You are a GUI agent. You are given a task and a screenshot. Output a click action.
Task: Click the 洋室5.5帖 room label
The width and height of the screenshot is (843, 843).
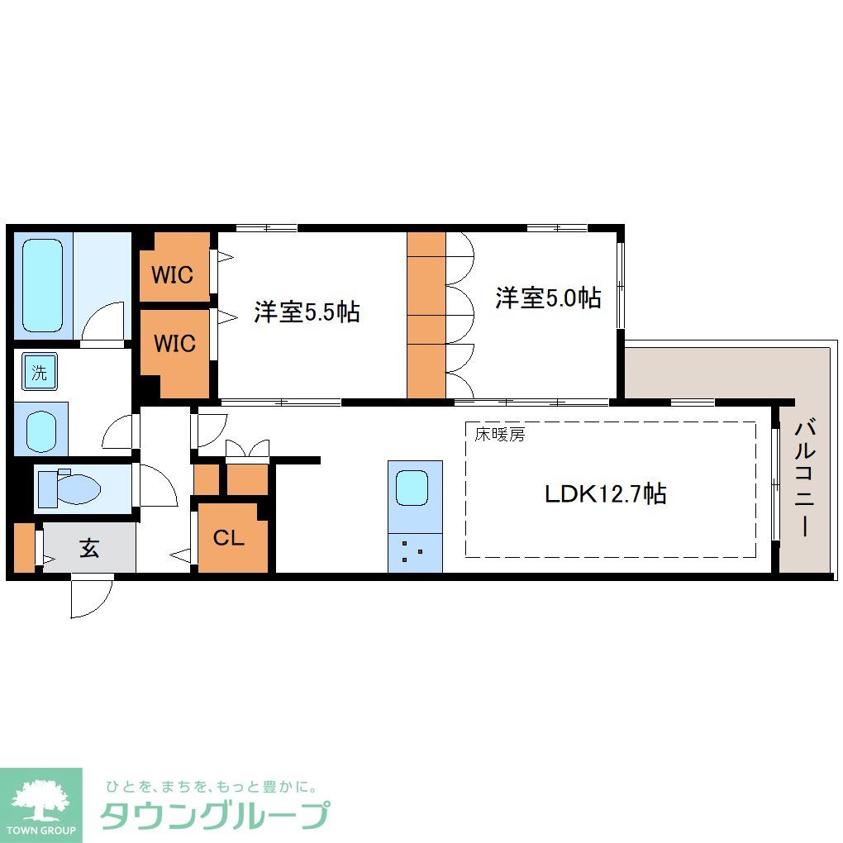pyautogui.click(x=307, y=312)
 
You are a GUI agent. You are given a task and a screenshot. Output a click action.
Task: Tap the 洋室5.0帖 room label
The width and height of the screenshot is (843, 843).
pyautogui.click(x=548, y=298)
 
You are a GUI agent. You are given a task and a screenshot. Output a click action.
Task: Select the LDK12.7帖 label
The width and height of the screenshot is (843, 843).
pyautogui.click(x=606, y=494)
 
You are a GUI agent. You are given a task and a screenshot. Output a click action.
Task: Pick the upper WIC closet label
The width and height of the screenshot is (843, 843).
pyautogui.click(x=174, y=274)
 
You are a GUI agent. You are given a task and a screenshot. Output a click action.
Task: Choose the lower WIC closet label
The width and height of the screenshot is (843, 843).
pyautogui.click(x=174, y=342)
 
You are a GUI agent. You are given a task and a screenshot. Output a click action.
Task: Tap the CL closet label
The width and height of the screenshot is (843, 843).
pyautogui.click(x=229, y=538)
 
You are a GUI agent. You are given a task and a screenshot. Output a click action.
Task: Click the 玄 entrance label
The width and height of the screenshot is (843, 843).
pyautogui.click(x=89, y=548)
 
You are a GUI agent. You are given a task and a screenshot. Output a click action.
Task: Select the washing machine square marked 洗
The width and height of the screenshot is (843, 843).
pyautogui.click(x=40, y=372)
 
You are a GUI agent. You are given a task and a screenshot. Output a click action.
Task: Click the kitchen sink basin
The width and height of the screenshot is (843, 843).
pyautogui.click(x=412, y=488)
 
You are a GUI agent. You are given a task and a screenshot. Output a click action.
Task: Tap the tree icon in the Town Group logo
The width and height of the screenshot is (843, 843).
pyautogui.click(x=40, y=799)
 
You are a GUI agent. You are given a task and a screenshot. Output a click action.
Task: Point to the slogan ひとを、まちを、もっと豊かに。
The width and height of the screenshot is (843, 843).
pyautogui.click(x=210, y=786)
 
